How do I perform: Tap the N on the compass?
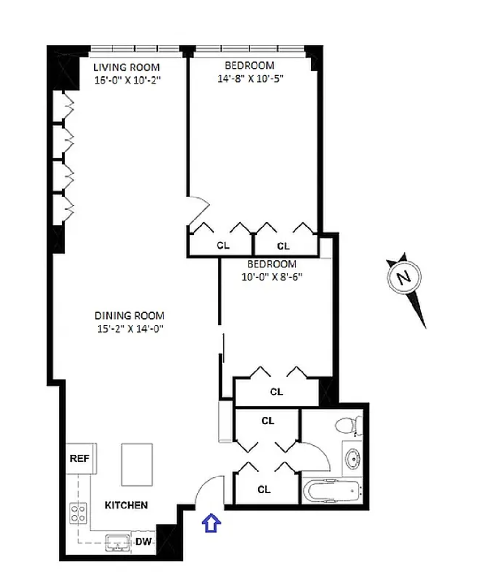(x=404, y=277)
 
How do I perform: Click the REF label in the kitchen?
(x=79, y=458)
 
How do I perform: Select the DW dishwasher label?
(x=144, y=541)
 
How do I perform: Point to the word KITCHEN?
(x=126, y=505)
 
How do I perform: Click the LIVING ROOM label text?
(x=126, y=68)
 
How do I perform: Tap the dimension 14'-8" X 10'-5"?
(x=250, y=79)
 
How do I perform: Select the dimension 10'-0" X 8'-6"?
(x=272, y=277)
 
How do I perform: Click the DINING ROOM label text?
(x=129, y=316)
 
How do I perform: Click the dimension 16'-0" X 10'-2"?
(x=127, y=80)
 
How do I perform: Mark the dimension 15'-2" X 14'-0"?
(x=130, y=328)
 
